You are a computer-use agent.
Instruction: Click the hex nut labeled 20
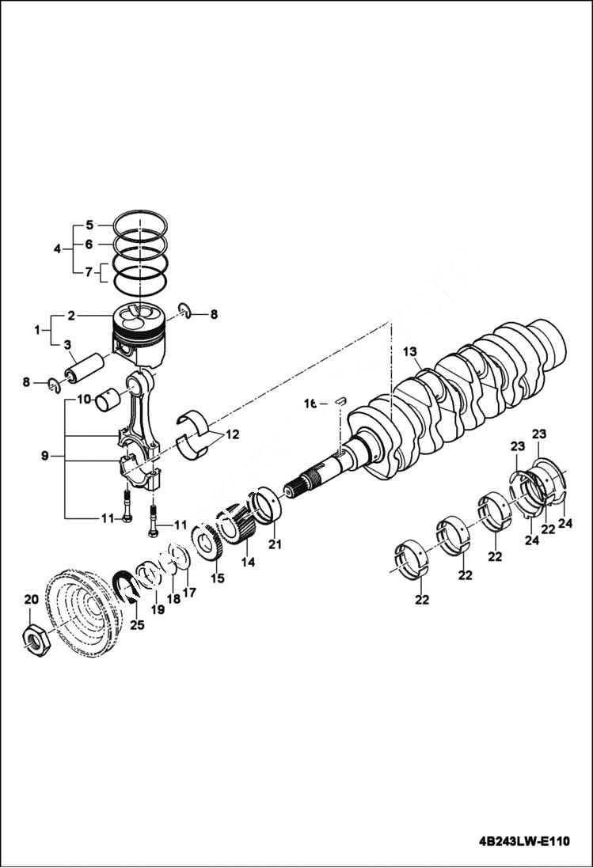click(36, 637)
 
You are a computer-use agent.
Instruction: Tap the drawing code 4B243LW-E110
click(523, 841)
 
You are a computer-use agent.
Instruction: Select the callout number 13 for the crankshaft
click(409, 351)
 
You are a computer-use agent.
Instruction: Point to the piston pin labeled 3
click(85, 367)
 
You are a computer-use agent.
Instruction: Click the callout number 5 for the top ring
click(89, 224)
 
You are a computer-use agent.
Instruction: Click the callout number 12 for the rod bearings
click(231, 434)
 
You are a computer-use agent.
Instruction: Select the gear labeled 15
click(207, 546)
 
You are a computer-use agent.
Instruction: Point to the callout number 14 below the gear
click(248, 562)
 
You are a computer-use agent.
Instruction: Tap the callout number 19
click(158, 609)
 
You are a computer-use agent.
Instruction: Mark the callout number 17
click(189, 591)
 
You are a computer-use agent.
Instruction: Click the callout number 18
click(173, 599)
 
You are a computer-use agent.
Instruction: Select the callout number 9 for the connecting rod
click(44, 456)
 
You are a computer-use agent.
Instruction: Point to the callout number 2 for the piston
click(70, 315)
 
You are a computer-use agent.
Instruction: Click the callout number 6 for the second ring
click(89, 244)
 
